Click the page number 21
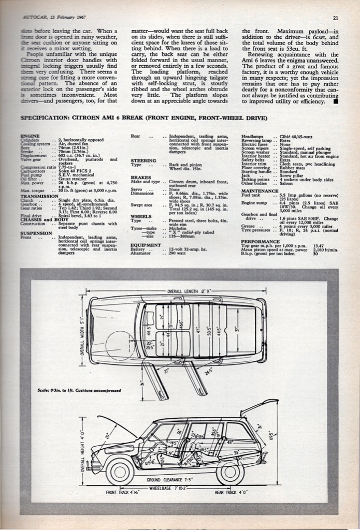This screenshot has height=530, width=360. click(336, 19)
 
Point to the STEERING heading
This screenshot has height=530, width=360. click(143, 160)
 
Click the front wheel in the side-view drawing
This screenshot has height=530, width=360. click(120, 471)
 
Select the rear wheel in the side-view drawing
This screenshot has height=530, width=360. click(230, 471)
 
